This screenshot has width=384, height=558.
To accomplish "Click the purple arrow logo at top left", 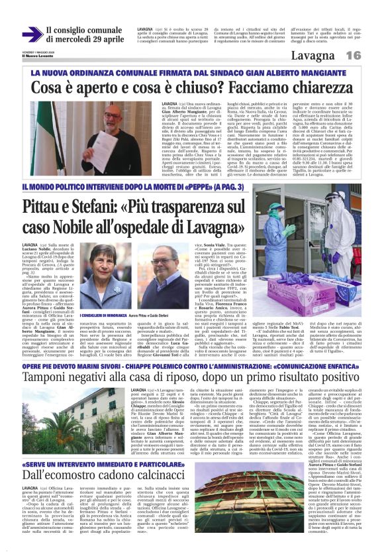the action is pyautogui.click(x=32, y=34).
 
